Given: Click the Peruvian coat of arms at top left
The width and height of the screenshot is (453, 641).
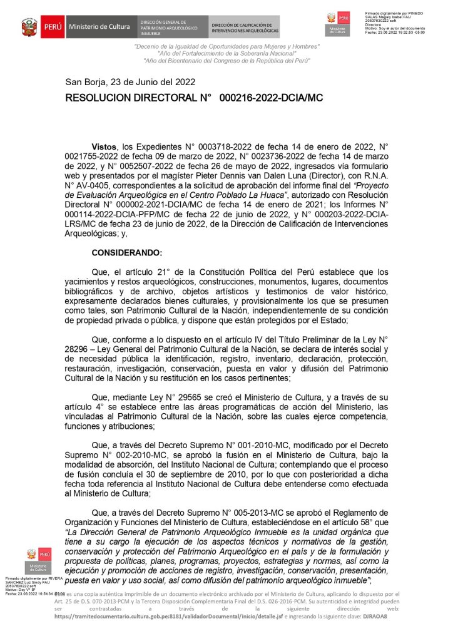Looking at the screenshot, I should coord(29,28).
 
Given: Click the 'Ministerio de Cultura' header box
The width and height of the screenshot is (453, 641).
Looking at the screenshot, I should coord(99,27).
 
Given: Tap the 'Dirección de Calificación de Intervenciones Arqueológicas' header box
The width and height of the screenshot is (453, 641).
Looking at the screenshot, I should coord(245,28).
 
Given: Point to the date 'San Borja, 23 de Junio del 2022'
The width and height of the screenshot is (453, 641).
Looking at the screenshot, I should coord(130,82).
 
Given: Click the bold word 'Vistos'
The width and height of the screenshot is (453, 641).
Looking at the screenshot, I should coord(104,145).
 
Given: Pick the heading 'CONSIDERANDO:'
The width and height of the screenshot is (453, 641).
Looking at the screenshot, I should coord(126,252).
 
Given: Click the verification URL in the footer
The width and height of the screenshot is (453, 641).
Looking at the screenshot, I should coord(169,617).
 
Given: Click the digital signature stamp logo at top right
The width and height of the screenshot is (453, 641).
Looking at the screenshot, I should coord(338,24).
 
